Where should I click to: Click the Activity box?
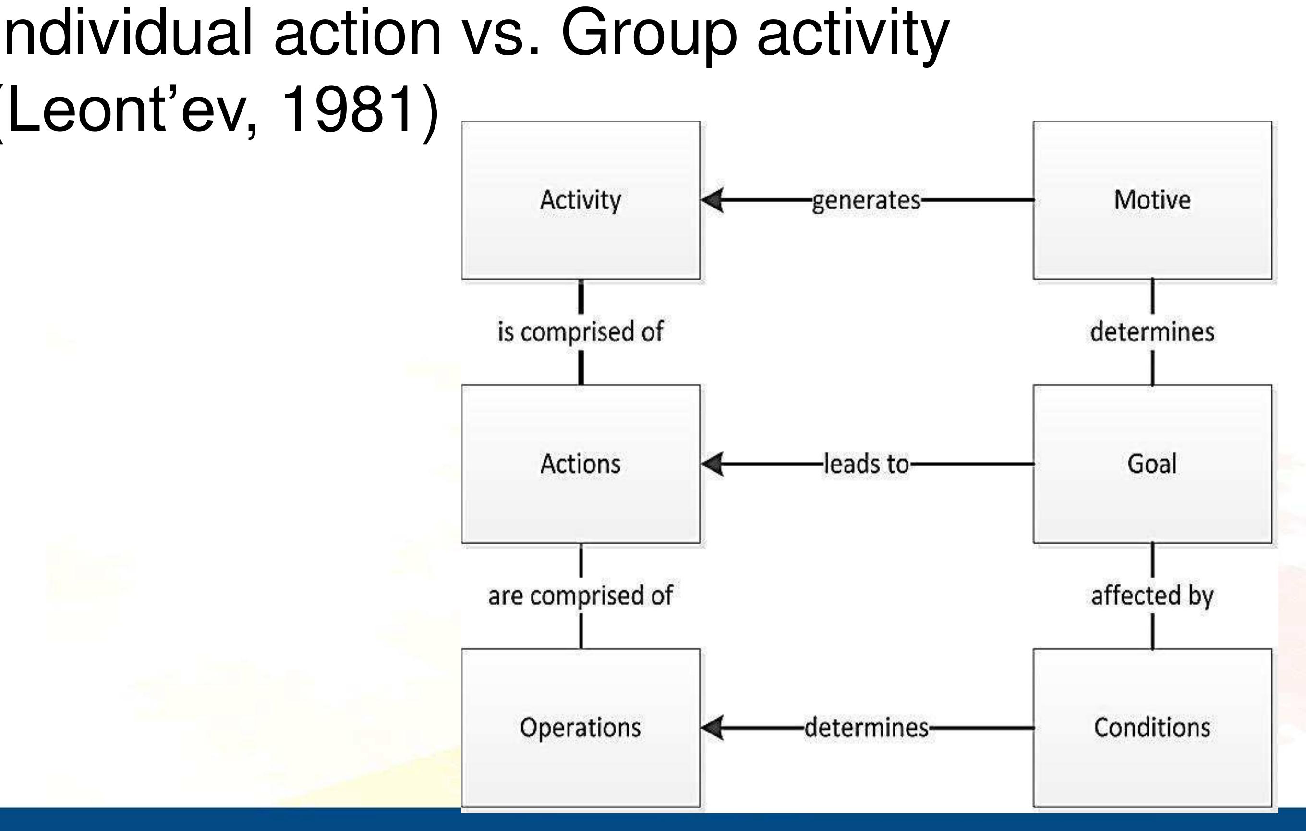[580, 200]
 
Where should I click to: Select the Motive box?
[1152, 200]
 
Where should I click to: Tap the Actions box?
[580, 464]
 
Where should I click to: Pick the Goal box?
[1152, 464]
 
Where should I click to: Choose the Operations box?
[580, 728]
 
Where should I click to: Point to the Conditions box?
[1152, 728]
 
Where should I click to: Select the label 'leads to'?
[866, 464]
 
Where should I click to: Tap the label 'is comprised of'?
[580, 332]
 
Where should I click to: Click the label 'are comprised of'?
[580, 596]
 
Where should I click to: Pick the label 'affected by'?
[1152, 596]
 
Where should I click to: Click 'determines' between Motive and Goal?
[1152, 332]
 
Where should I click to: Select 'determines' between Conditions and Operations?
[866, 728]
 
